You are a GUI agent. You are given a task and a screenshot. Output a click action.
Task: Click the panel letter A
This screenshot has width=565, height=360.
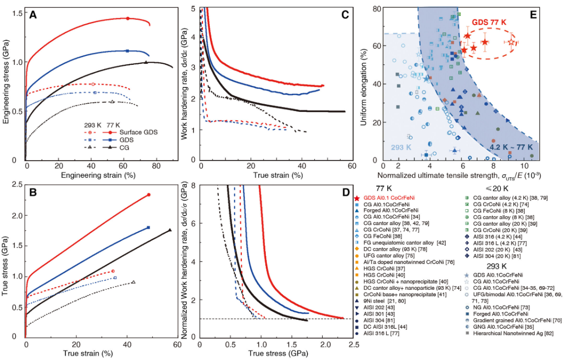[x=33, y=15]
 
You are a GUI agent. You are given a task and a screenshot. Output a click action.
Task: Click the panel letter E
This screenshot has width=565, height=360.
[x=534, y=14]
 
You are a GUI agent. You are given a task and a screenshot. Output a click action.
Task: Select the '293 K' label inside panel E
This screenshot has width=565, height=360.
[x=401, y=148]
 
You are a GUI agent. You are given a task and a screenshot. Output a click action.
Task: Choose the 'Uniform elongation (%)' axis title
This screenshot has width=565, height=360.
[x=364, y=84]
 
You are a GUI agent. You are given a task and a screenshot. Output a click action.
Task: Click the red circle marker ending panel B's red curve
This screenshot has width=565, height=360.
[x=149, y=195]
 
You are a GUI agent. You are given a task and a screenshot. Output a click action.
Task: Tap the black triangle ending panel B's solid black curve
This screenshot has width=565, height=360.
[x=170, y=230]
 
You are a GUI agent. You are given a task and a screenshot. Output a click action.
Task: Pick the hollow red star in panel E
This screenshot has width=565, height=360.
[x=511, y=42]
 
